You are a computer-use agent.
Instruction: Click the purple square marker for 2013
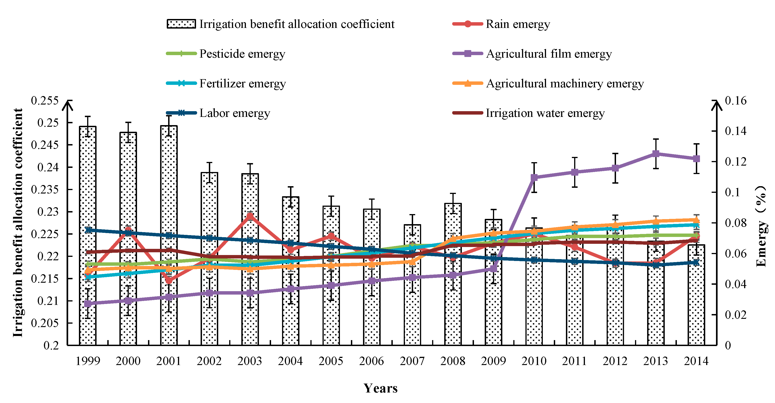click(x=656, y=154)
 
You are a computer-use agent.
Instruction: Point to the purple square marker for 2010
click(x=534, y=177)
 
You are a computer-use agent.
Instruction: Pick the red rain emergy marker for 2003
click(x=250, y=216)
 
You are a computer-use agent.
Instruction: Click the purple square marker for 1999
click(x=88, y=304)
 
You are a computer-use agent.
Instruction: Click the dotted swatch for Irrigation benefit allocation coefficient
click(x=181, y=24)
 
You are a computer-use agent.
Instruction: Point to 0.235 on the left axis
click(x=45, y=189)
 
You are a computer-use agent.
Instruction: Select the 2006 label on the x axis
click(x=371, y=361)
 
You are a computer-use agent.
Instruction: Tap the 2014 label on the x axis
click(x=696, y=361)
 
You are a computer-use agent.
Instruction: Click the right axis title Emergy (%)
click(x=761, y=226)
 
